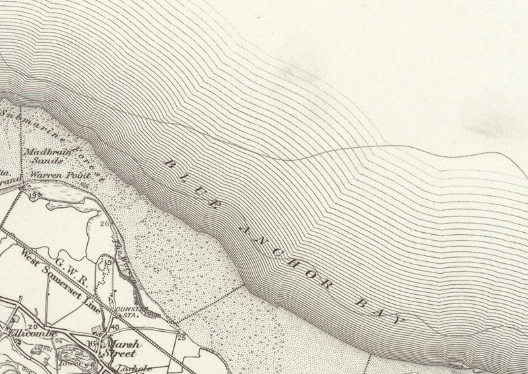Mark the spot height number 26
(x=104, y=224)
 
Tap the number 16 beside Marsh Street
(x=91, y=344)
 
